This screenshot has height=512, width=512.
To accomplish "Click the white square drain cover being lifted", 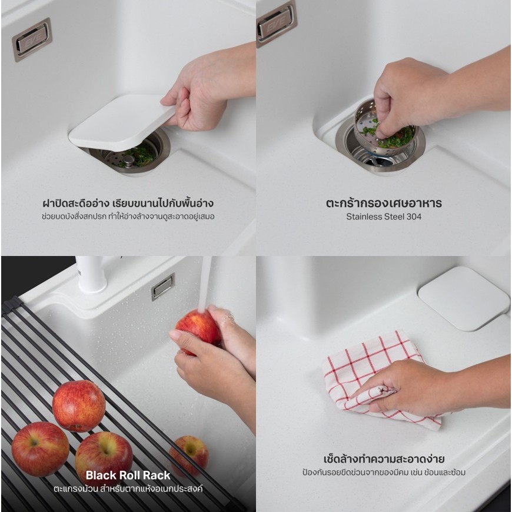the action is coord(121,123).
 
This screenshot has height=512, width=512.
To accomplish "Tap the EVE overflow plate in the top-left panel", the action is coord(32,40).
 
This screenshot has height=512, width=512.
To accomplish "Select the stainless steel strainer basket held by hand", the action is coord(385,129).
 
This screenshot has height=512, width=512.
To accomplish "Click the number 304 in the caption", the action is coord(414,217).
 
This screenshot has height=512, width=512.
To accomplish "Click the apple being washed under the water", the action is coord(198,332).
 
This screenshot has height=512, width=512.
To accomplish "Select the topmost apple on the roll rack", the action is coord(79,406).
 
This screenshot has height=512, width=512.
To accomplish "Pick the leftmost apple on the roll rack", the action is coord(40,449).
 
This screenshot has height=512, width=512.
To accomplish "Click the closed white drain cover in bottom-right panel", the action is coord(464,298).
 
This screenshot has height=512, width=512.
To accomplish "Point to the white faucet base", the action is coord(92,274).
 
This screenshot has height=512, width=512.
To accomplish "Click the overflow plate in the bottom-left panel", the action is coord(163,287).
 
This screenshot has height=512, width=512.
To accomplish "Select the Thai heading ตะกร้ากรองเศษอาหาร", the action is coord(384,203).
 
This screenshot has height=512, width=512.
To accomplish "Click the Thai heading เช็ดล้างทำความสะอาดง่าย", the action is coord(384,459).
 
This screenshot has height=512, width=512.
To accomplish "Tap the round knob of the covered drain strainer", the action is coord(128,159).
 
